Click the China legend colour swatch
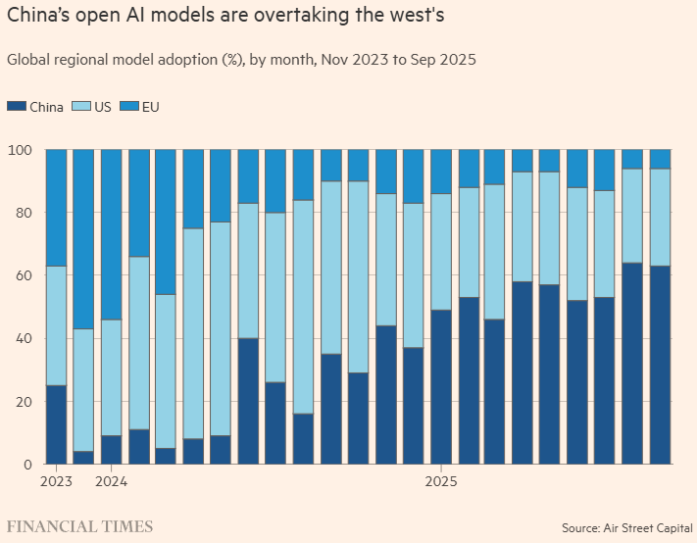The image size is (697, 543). pyautogui.click(x=17, y=107)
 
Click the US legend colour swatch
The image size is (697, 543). pyautogui.click(x=80, y=107)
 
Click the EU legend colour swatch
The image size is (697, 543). pyautogui.click(x=129, y=107)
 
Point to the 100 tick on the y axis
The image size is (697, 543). pyautogui.click(x=20, y=150)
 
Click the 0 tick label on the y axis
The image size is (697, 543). pyautogui.click(x=27, y=465)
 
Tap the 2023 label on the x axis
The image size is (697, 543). pyautogui.click(x=56, y=482)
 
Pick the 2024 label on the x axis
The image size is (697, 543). pyautogui.click(x=111, y=482)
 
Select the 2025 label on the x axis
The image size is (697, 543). pyautogui.click(x=441, y=482)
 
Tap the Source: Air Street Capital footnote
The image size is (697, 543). pyautogui.click(x=626, y=527)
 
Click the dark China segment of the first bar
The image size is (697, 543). pyautogui.click(x=57, y=424)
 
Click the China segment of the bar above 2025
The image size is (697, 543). pyautogui.click(x=441, y=387)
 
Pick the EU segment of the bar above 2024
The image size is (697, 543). pyautogui.click(x=112, y=235)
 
